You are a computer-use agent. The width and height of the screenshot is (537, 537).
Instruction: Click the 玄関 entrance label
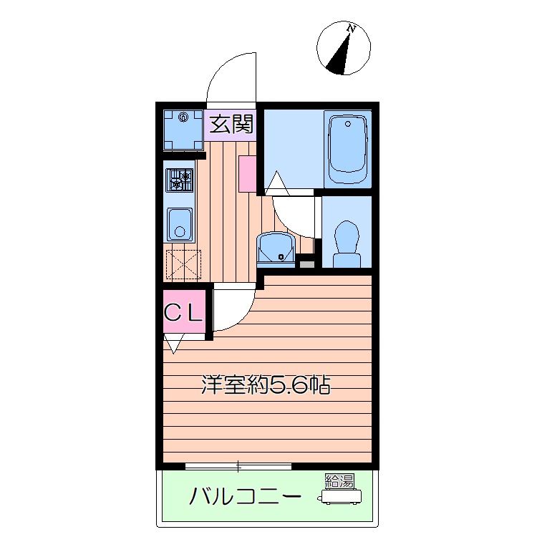click(x=231, y=124)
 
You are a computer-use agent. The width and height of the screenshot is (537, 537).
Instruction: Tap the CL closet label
click(x=183, y=312)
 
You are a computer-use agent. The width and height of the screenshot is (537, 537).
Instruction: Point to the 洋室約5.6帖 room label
click(x=266, y=384)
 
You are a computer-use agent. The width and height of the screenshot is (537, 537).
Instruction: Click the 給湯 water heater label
click(x=339, y=481)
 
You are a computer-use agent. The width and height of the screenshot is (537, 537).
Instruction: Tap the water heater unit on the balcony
click(x=341, y=497)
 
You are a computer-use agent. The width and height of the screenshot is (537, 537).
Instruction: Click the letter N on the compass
click(x=350, y=29)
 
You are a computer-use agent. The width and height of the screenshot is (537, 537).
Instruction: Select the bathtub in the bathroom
click(x=347, y=149)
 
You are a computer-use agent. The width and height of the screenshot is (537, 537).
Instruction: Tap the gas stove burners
click(x=180, y=180)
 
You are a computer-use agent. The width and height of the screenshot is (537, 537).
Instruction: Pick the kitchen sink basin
click(x=180, y=224)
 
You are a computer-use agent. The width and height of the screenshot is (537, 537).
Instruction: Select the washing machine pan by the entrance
click(x=183, y=130)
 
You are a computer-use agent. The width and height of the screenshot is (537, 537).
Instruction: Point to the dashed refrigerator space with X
click(x=183, y=264)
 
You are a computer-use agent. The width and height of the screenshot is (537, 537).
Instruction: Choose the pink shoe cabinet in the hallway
click(x=247, y=174)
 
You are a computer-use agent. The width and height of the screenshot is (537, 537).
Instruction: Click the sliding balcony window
click(x=238, y=466)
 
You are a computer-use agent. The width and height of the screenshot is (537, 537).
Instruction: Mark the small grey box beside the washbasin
click(x=307, y=264)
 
